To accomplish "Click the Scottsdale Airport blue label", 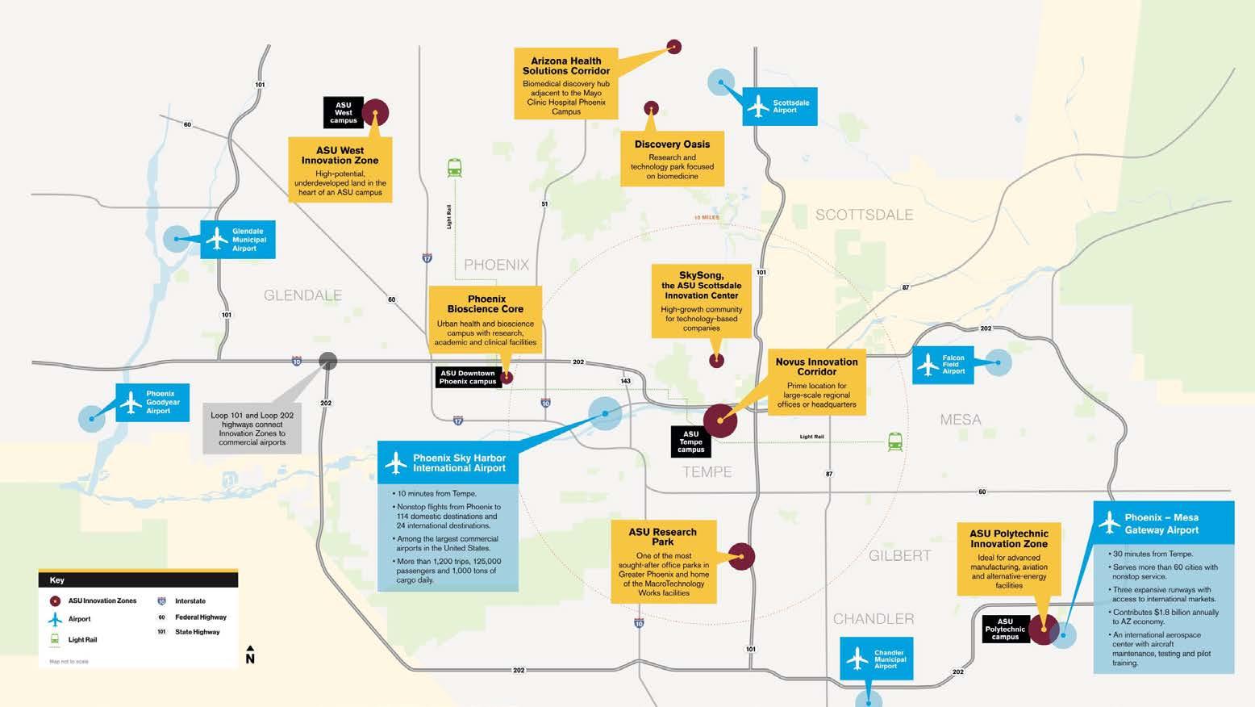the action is [x=780, y=107].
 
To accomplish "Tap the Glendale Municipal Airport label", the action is [x=238, y=240].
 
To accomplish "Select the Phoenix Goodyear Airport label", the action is [x=153, y=403].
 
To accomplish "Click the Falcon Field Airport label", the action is [x=944, y=365].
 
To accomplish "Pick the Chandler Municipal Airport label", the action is [x=877, y=659].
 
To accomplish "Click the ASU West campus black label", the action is [x=344, y=113].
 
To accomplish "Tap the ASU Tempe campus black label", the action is [x=691, y=441].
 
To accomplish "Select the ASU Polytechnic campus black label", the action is [x=1005, y=630].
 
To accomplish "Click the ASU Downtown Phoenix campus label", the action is [x=468, y=378].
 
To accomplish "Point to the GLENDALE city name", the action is [x=303, y=295].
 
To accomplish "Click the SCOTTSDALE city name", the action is [x=864, y=215].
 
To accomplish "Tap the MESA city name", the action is [x=961, y=420].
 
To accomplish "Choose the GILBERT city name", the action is [x=899, y=555].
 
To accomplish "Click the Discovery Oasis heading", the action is [x=672, y=144].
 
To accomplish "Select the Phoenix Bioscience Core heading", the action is [x=486, y=304].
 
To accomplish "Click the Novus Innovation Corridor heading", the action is [x=816, y=366].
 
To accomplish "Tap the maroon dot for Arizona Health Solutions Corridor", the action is [x=674, y=47].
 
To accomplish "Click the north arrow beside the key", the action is [x=250, y=655].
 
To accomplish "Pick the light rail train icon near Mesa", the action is [x=894, y=441].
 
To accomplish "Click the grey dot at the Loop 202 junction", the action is [x=327, y=361].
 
